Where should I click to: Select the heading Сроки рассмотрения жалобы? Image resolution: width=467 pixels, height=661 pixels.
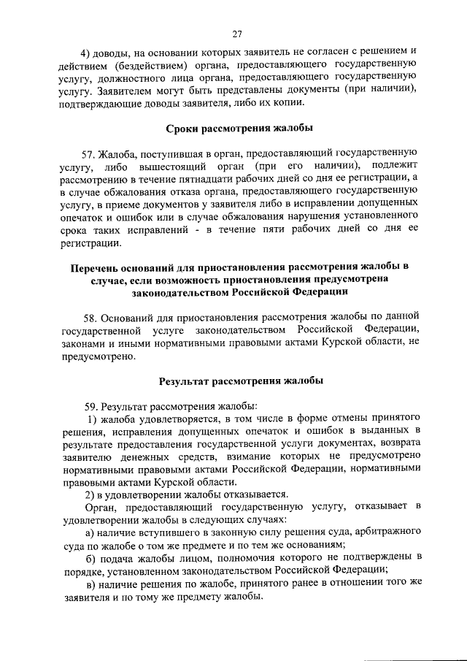point(241,129)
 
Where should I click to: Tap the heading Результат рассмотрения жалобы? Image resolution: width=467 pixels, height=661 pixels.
point(241,381)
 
